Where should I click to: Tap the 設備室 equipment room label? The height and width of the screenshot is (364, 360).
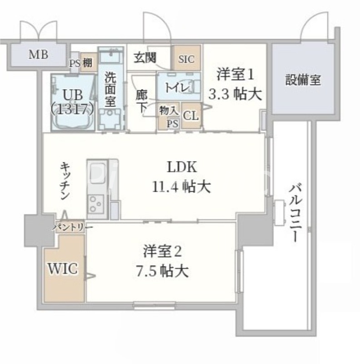303,80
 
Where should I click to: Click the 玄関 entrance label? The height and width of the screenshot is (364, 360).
145,58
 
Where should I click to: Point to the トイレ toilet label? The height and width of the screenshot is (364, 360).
175,87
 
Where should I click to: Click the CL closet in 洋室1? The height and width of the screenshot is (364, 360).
191,116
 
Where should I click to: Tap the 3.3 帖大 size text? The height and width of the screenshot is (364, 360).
235,95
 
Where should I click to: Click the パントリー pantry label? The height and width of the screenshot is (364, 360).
73,227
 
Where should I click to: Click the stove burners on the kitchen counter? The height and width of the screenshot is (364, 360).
97,203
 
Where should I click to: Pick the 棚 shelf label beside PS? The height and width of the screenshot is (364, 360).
88,64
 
